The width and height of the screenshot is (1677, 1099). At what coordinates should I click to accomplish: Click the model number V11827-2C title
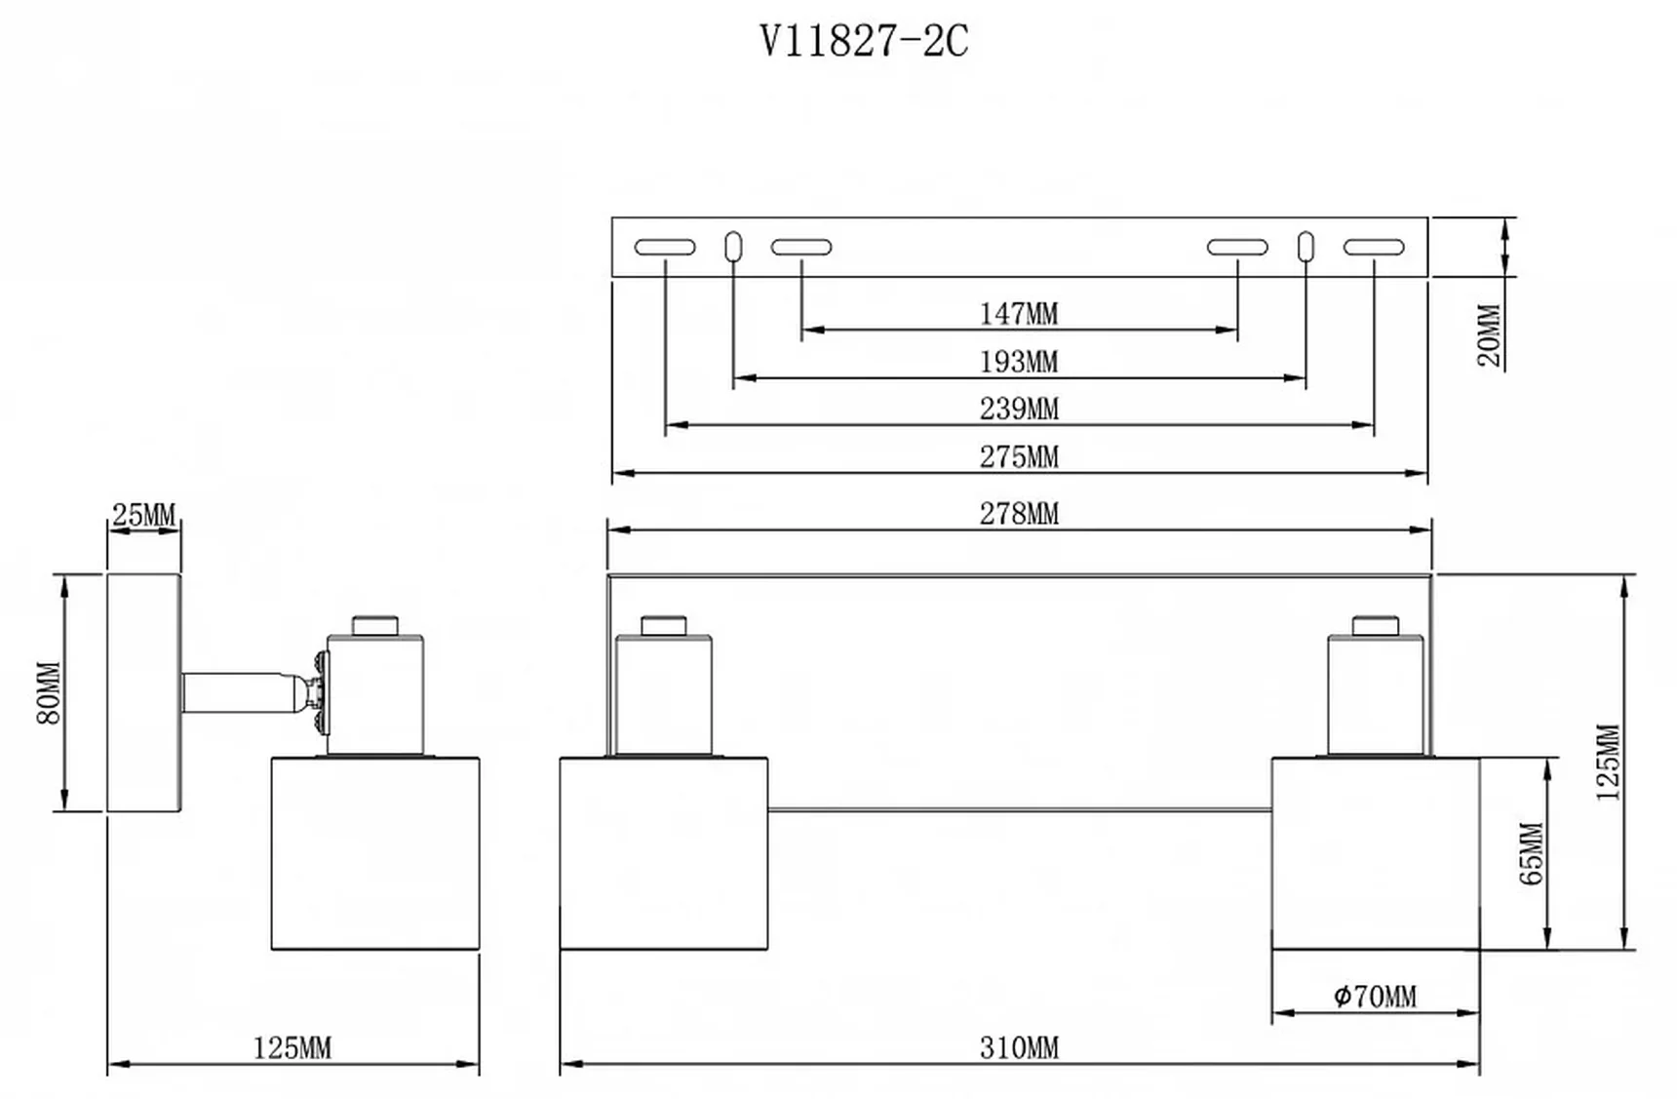pyautogui.click(x=864, y=42)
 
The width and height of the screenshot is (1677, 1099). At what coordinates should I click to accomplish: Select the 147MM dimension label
pyautogui.click(x=1019, y=314)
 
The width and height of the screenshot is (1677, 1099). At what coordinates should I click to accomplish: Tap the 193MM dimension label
pyautogui.click(x=1019, y=362)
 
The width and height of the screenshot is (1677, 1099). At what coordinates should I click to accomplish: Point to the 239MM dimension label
pyautogui.click(x=1019, y=409)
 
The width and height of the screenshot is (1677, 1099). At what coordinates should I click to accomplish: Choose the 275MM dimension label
pyautogui.click(x=1019, y=456)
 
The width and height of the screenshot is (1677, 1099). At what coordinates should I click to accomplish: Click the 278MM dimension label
pyautogui.click(x=1019, y=513)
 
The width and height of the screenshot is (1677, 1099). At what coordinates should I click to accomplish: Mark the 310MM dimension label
pyautogui.click(x=1019, y=1048)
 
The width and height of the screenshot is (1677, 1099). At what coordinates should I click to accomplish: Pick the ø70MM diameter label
pyautogui.click(x=1375, y=997)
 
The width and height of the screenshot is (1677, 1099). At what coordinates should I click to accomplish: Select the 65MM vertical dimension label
pyautogui.click(x=1532, y=854)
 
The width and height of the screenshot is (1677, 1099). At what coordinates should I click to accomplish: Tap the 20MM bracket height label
pyautogui.click(x=1490, y=335)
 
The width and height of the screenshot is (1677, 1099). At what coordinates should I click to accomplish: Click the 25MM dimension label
pyautogui.click(x=143, y=515)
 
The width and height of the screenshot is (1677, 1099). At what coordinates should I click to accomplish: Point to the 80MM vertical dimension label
pyautogui.click(x=49, y=693)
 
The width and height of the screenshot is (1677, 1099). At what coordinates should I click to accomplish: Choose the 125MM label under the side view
pyautogui.click(x=292, y=1048)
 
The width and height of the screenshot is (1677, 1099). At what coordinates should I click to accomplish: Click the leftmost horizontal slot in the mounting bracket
pyautogui.click(x=665, y=248)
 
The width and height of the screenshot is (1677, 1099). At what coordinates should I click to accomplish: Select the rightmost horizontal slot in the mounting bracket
pyautogui.click(x=1374, y=248)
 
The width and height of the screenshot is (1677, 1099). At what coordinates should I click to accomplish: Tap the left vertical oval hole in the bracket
pyautogui.click(x=733, y=246)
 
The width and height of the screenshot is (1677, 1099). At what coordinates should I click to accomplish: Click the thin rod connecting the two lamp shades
pyautogui.click(x=1019, y=809)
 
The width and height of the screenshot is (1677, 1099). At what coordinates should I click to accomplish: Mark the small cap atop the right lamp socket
pyautogui.click(x=1375, y=625)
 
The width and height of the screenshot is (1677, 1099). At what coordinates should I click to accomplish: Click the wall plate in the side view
pyautogui.click(x=143, y=692)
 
